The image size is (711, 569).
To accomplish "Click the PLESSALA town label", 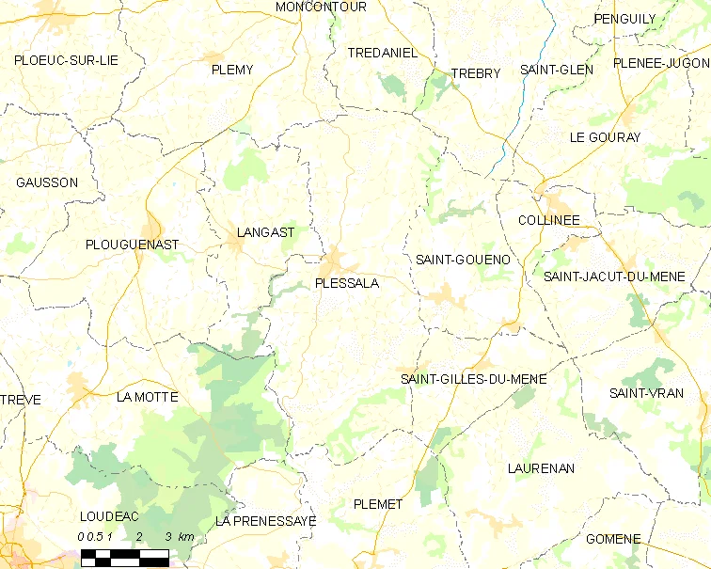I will (347, 282).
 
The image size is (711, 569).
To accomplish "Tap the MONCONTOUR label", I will (321, 8).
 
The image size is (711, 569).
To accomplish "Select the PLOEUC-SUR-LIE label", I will (66, 60).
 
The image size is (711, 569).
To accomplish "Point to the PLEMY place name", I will (232, 70).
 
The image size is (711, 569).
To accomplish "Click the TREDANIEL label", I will (382, 54).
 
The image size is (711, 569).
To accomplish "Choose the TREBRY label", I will (476, 73).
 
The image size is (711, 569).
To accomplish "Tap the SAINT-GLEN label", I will (557, 70).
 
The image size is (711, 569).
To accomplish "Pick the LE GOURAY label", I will (605, 137).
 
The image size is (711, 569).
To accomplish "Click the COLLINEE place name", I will (548, 220).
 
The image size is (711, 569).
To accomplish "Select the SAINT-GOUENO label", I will (462, 259).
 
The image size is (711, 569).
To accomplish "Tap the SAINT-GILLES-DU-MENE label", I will (474, 379).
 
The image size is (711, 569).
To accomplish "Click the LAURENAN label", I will (541, 467).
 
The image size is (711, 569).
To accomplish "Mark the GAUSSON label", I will (47, 182).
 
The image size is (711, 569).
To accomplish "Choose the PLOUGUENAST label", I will (132, 245).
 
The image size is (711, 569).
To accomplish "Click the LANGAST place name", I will (266, 232).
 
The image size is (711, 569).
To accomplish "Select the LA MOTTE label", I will (147, 397).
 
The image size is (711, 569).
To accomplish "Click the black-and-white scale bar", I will (126, 557).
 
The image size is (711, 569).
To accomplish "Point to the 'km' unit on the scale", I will (185, 536).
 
